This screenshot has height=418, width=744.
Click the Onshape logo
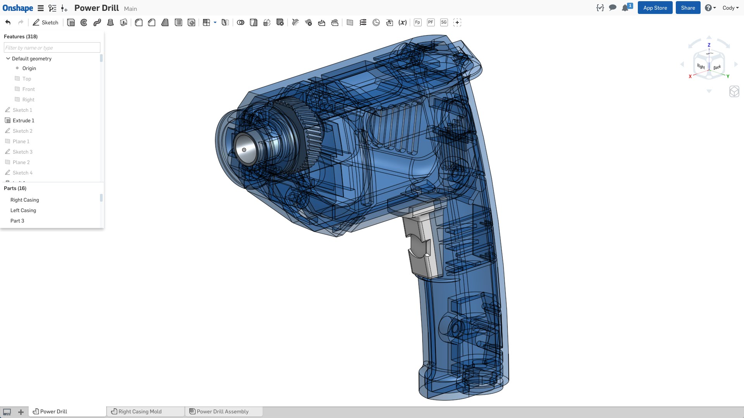click(18, 8)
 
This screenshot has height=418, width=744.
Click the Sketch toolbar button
click(46, 22)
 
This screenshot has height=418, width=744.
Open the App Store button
click(655, 8)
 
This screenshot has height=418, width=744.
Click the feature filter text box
click(52, 48)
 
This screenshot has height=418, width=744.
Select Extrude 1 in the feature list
click(23, 120)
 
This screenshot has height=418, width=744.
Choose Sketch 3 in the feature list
click(22, 152)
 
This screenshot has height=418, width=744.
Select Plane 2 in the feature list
click(21, 162)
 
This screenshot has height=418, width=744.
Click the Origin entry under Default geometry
click(29, 68)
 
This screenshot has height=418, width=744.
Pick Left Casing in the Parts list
click(23, 210)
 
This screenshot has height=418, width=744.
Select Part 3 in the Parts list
click(17, 221)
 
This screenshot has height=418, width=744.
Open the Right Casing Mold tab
click(140, 411)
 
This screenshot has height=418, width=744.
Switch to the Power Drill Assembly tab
click(222, 411)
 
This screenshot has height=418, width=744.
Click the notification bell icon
click(625, 8)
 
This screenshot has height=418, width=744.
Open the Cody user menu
click(730, 8)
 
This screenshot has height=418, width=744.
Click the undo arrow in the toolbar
click(8, 22)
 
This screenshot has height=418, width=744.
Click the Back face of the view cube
click(717, 67)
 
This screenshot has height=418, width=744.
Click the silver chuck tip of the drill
click(245, 149)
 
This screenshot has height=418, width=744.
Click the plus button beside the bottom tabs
click(21, 412)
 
